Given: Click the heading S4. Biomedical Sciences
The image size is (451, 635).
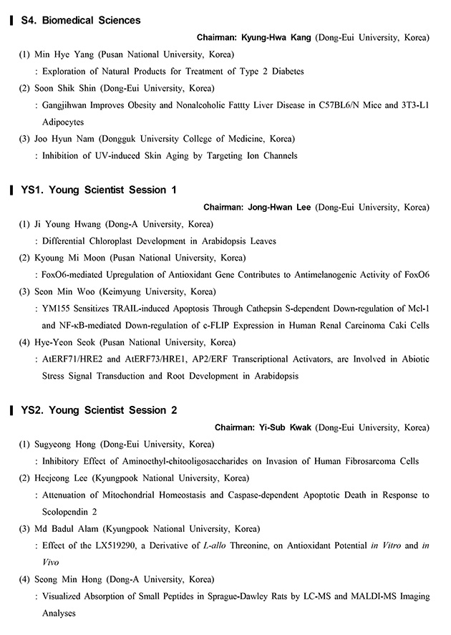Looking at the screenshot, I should pos(91,20).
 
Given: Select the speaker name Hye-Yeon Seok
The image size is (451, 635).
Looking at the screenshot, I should pos(68,342).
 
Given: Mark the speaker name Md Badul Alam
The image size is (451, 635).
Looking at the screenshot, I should pos(69,529).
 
